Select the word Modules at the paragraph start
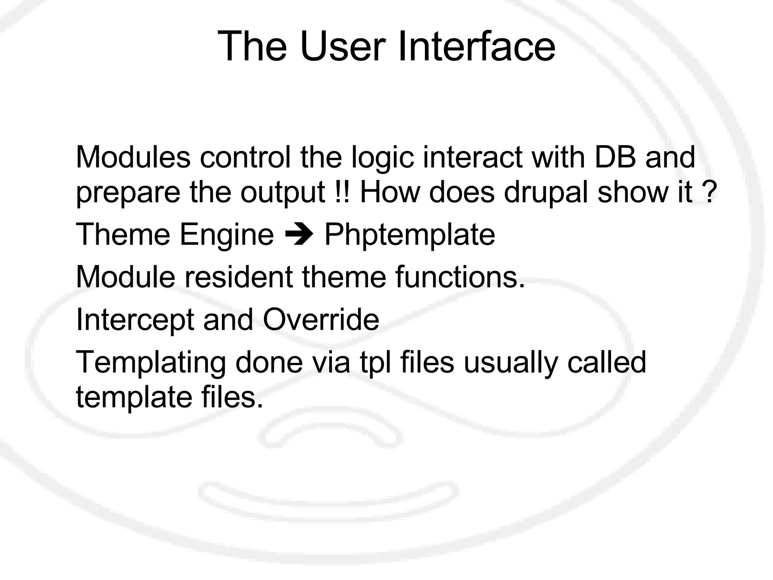[x=133, y=157]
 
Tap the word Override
[x=320, y=319]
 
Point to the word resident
[x=238, y=277]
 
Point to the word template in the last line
[x=134, y=398]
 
